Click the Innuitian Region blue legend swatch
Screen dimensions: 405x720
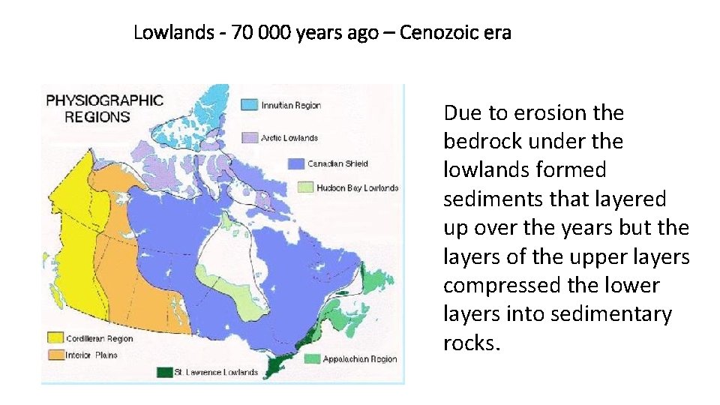tap(248, 105)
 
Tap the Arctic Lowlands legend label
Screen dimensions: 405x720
tap(289, 138)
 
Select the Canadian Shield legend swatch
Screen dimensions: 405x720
tap(295, 163)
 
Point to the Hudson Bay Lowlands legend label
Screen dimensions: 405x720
tap(357, 187)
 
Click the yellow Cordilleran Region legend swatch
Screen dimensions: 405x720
tap(54, 338)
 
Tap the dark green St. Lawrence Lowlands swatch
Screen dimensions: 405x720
tap(165, 371)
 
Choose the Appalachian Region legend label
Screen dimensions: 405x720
tap(360, 359)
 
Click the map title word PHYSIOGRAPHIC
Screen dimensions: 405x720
tap(105, 100)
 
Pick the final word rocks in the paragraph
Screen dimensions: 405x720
tap(469, 343)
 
